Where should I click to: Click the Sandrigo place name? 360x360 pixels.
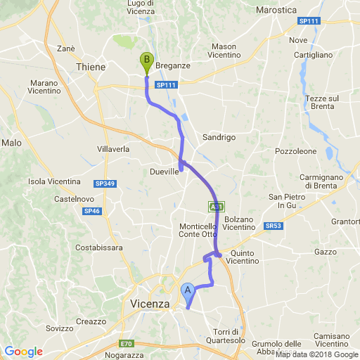pos(219,137)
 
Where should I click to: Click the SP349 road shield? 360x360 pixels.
pos(104,184)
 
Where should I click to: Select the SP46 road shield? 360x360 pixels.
pos(91,211)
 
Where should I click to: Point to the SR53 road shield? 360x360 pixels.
pos(274,226)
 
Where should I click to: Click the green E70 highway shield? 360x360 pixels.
pos(126,344)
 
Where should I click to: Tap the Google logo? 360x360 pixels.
pos(23,352)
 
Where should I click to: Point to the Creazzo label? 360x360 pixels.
pos(91,321)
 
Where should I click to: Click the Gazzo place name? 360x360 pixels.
pos(326,251)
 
